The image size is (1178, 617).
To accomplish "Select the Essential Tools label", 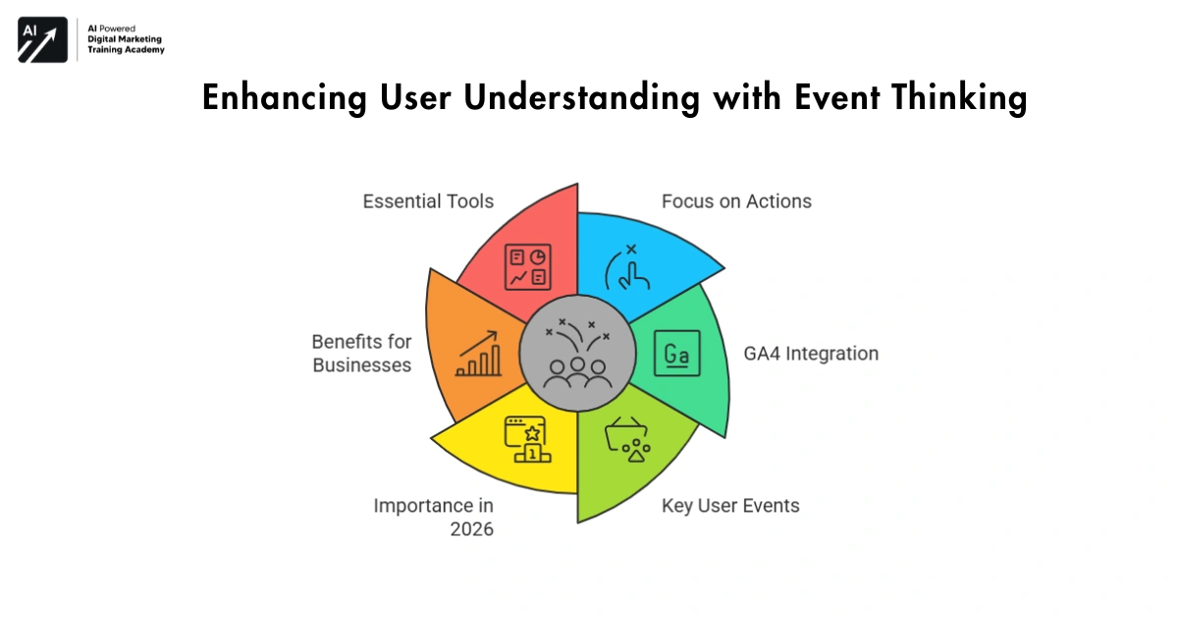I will [428, 201].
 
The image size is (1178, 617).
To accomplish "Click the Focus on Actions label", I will [736, 201].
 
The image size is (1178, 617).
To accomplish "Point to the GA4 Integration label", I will [810, 354].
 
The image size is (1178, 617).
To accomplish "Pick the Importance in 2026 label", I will [433, 518].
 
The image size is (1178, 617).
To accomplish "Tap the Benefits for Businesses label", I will [361, 354].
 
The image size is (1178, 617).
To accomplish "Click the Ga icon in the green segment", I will [676, 354].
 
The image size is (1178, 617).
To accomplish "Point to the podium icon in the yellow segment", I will [527, 439].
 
